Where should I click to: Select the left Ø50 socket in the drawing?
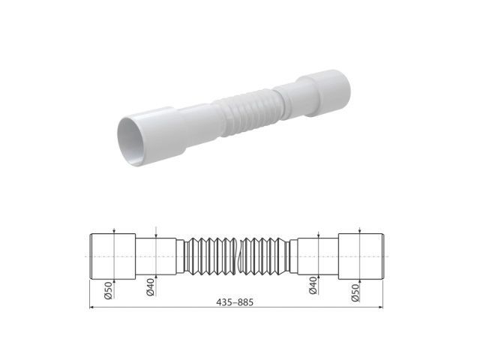coord(112,256)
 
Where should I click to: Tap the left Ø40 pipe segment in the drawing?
coord(157,256)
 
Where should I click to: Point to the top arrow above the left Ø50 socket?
coord(112,232)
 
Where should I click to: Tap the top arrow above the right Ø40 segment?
coord(319,235)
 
